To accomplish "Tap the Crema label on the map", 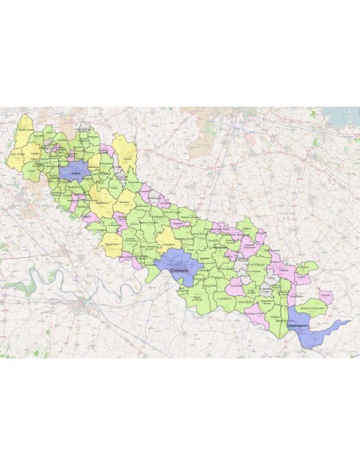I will click(77, 174).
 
